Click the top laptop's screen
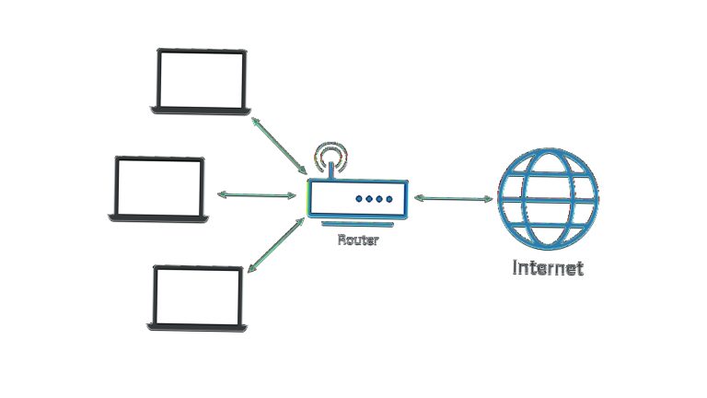tap(201, 79)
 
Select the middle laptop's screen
tap(159, 187)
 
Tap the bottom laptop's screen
tap(198, 296)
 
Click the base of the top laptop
tap(201, 111)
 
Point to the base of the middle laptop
tap(158, 218)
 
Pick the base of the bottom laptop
tap(197, 328)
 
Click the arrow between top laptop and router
tap(279, 146)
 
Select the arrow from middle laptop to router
tap(257, 195)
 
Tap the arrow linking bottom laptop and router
tap(276, 245)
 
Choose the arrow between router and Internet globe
tap(453, 198)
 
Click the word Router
tap(358, 240)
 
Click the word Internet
tap(548, 267)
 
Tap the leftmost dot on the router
tap(359, 199)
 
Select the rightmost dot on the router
tap(389, 199)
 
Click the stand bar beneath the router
tap(357, 224)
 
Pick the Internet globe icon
tap(548, 199)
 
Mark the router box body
tap(358, 199)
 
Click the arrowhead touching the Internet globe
tap(488, 199)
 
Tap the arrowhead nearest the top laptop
tap(255, 122)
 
